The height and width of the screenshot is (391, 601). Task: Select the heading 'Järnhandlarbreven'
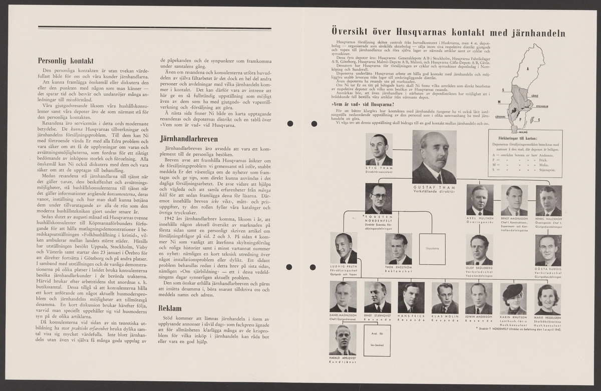[188, 138]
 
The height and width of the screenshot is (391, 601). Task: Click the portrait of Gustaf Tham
[434, 157]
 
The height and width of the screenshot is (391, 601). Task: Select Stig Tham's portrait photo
[379, 149]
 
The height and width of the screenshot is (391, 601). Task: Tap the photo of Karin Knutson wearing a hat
[512, 298]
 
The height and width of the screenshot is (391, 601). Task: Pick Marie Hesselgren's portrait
[547, 298]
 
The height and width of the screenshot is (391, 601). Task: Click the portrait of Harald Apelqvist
[343, 339]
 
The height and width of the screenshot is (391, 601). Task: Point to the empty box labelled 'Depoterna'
[432, 249]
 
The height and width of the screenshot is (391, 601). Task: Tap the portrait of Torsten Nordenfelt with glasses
[379, 198]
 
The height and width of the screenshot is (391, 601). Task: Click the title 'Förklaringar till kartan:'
[516, 138]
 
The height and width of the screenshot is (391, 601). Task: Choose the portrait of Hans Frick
[411, 298]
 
